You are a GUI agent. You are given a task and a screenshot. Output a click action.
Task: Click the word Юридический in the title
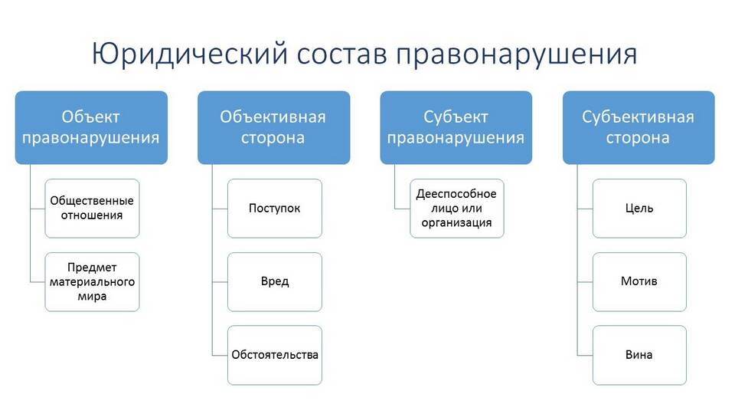[189, 54]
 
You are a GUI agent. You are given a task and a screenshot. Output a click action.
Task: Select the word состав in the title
[341, 54]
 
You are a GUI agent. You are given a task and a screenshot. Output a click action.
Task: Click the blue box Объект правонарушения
[91, 128]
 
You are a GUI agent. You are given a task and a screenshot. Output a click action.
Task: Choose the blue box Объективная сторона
[274, 128]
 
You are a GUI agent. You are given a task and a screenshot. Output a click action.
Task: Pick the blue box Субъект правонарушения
[456, 128]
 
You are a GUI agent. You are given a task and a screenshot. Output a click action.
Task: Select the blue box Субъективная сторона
[639, 128]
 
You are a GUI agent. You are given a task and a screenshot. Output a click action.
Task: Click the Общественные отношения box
[93, 209]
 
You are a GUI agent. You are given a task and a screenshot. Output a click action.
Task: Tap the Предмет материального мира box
[93, 282]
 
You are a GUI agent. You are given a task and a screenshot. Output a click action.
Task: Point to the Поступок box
[275, 209]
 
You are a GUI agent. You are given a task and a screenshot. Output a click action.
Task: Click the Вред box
[275, 282]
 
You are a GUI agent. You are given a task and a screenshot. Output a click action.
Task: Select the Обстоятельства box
[275, 355]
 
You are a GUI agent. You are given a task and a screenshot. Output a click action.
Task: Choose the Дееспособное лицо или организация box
[457, 209]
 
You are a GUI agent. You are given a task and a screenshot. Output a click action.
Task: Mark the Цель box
[639, 209]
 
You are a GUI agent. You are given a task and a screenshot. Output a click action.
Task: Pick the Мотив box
[639, 282]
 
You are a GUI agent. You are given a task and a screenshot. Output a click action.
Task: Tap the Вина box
[639, 355]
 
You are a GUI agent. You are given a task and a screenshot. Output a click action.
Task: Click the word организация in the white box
[456, 223]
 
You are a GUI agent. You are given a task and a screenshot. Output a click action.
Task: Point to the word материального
[93, 282]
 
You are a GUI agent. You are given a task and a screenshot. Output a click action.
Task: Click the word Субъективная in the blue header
[638, 117]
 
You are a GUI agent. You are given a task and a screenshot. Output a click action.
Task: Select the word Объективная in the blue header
[273, 117]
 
